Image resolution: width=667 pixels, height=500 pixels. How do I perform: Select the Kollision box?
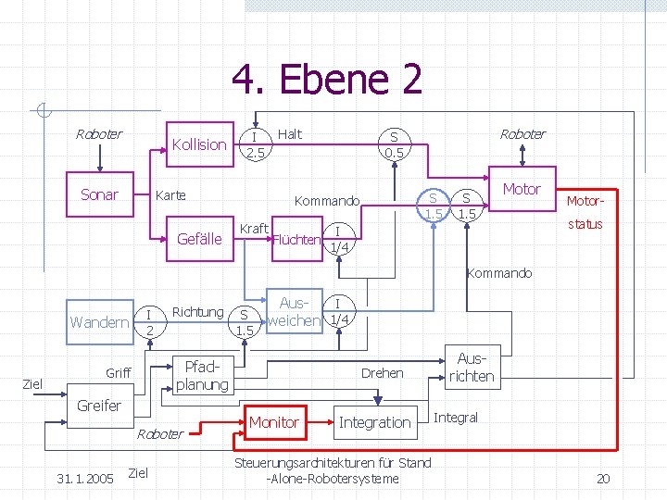click(x=198, y=144)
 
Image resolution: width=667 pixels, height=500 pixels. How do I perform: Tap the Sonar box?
click(x=99, y=194)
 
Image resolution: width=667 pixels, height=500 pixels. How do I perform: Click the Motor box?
click(x=522, y=190)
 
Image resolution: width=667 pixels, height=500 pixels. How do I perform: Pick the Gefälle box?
click(x=199, y=239)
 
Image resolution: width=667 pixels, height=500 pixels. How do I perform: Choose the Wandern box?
click(x=99, y=321)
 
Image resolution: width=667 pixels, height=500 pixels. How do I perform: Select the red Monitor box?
click(x=274, y=422)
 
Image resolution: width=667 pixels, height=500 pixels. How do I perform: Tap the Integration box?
click(x=374, y=422)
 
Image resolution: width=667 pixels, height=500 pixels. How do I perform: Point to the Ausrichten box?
click(x=472, y=368)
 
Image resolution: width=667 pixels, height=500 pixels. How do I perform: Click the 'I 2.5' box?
click(x=254, y=144)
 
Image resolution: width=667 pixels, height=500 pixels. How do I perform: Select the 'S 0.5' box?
click(x=395, y=144)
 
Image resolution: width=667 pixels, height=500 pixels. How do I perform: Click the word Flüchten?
click(x=296, y=241)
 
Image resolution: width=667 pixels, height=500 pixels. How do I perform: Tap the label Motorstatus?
click(x=584, y=212)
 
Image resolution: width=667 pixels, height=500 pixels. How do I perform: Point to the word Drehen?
click(x=382, y=372)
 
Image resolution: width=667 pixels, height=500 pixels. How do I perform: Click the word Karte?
click(x=170, y=195)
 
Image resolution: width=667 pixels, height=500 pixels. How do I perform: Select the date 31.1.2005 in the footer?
click(x=85, y=479)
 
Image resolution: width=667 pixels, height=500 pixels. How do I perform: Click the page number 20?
click(x=602, y=479)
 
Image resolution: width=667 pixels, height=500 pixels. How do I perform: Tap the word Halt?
click(x=290, y=134)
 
